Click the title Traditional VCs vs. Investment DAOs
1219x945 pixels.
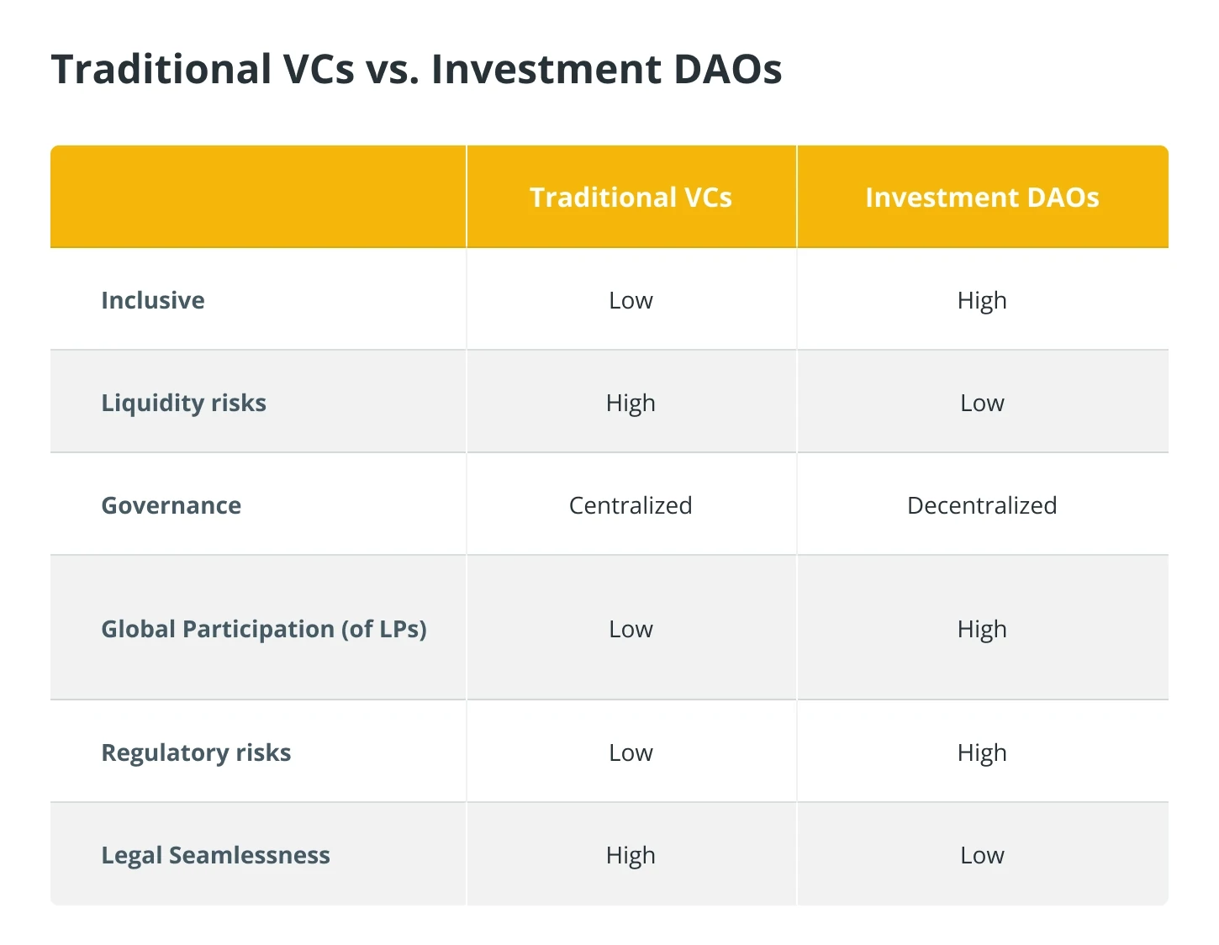pos(416,69)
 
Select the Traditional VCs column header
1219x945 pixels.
pos(631,197)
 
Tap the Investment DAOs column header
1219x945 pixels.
pos(982,197)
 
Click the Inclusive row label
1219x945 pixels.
pos(153,300)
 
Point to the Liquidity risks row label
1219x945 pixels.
pos(183,404)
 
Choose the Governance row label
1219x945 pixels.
pos(172,505)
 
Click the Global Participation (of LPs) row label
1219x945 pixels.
pos(264,629)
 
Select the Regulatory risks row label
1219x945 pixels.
pos(196,752)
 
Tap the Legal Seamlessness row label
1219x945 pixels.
pos(215,855)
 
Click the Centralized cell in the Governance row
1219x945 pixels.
pos(631,505)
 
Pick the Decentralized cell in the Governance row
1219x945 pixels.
pos(982,505)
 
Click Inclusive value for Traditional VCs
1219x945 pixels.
pos(631,301)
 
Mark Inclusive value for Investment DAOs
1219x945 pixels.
pos(982,301)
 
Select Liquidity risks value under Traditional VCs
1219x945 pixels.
pos(631,404)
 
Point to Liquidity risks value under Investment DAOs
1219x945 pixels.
pos(982,404)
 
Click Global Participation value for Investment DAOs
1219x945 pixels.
pos(982,630)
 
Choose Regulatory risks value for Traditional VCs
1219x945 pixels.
pos(631,753)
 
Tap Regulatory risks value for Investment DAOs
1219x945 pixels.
pos(982,753)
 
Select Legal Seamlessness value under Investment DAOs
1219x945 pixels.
pos(982,856)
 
